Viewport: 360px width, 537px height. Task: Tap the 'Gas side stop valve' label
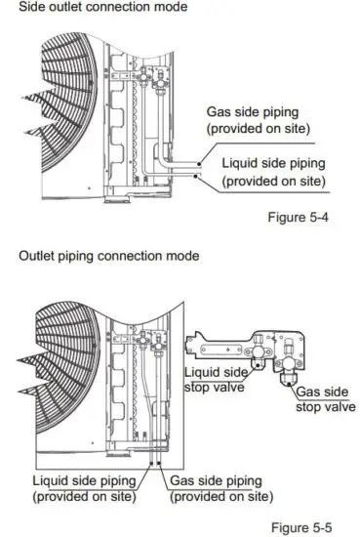(x=326, y=398)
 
